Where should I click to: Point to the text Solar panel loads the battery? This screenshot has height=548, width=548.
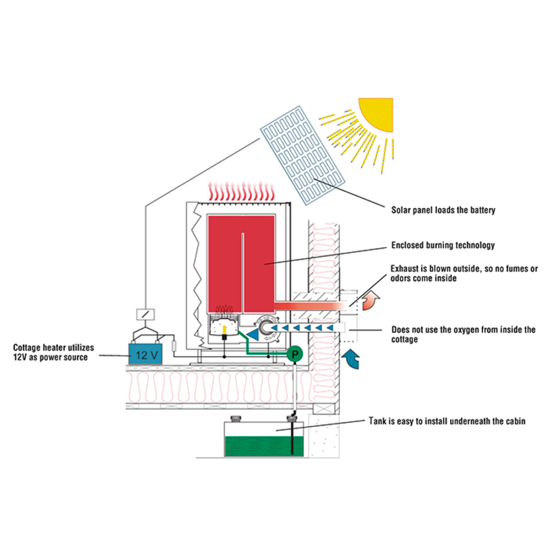pos(443,210)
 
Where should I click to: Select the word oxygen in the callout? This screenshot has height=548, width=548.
pos(474,329)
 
